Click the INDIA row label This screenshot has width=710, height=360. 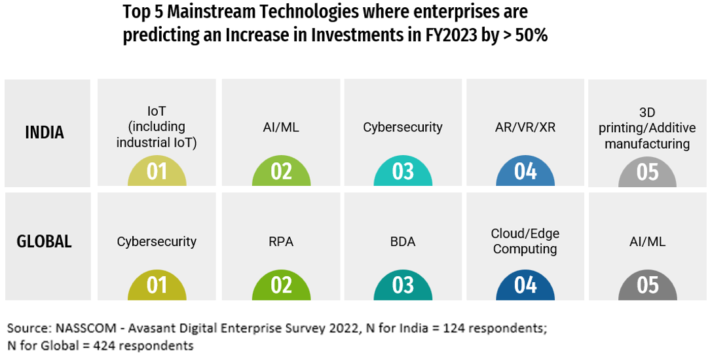(45, 132)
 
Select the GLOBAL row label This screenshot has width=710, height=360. (44, 242)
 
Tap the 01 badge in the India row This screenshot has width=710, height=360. (157, 172)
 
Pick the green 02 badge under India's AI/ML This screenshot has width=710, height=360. (281, 172)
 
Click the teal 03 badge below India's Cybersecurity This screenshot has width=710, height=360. (403, 172)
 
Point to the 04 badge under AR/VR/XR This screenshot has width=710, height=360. (525, 172)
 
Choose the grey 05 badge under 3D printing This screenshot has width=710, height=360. (647, 172)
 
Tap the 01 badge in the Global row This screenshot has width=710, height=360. (157, 285)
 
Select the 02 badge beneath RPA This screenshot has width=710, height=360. (281, 285)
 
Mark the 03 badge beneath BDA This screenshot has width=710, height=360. (403, 285)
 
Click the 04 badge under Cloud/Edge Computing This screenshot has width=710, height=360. (525, 285)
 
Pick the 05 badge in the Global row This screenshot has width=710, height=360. (647, 285)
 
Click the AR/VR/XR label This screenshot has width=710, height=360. (525, 128)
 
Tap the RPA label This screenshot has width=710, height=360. (281, 242)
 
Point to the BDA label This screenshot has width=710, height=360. (403, 242)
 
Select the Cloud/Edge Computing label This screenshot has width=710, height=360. (525, 241)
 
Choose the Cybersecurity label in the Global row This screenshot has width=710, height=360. (157, 242)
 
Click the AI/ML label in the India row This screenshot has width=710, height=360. (281, 128)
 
